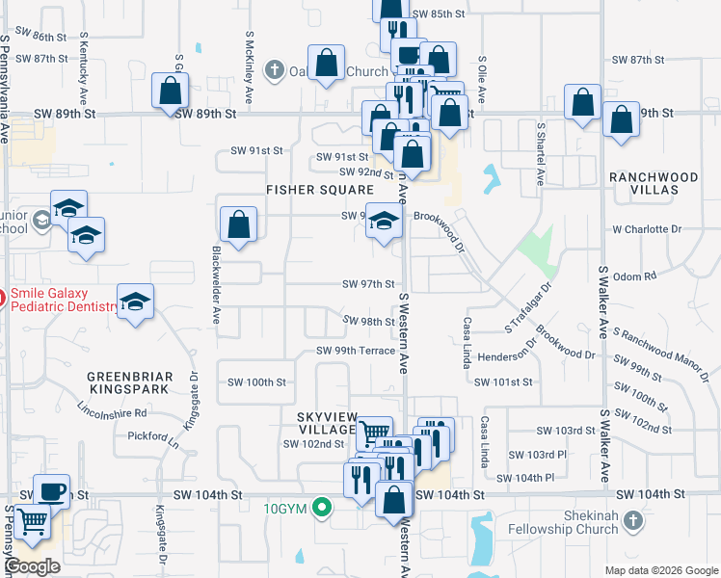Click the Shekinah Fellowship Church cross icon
[633, 521]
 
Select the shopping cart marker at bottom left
[33, 521]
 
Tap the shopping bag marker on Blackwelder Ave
[238, 225]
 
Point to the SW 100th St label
[252, 382]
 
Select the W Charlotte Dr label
[647, 229]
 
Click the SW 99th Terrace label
[356, 351]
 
